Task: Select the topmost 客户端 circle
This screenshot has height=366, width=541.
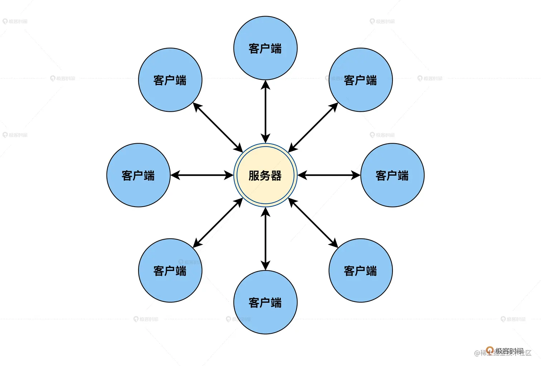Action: [x=265, y=48]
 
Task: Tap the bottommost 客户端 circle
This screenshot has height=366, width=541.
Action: [x=265, y=302]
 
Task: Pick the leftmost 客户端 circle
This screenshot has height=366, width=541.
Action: [x=138, y=175]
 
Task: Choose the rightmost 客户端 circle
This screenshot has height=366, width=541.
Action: [x=392, y=175]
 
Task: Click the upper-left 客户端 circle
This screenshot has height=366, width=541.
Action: [x=170, y=80]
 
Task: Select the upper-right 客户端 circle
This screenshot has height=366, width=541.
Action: [x=360, y=80]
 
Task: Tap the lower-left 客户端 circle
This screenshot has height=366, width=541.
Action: [x=170, y=270]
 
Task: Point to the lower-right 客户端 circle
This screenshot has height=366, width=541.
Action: [x=360, y=270]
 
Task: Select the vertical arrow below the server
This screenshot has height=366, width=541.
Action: [x=265, y=239]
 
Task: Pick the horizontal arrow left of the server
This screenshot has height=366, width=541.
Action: [x=202, y=175]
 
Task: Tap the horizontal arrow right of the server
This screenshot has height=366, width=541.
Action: [x=329, y=175]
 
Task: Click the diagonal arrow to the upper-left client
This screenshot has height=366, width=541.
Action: [x=218, y=127]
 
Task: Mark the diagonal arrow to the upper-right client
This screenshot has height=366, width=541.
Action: [x=313, y=127]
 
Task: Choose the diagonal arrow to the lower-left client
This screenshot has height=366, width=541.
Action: [x=218, y=223]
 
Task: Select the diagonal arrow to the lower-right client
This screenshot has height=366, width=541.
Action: [x=313, y=223]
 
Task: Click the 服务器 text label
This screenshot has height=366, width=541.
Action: [x=265, y=176]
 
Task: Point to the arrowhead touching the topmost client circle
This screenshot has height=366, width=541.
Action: [x=265, y=85]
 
